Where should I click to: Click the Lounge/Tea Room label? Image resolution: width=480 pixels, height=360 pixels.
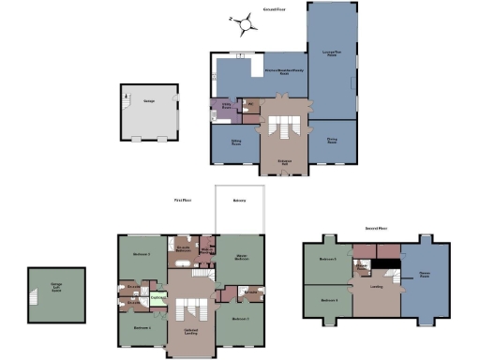point(330,53)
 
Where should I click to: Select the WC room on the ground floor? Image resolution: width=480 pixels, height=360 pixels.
point(249,104)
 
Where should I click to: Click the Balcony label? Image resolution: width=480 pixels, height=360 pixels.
point(239,200)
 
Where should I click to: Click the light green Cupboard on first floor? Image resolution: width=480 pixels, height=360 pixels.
point(158,298)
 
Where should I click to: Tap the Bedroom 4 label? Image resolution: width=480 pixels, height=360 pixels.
point(142,328)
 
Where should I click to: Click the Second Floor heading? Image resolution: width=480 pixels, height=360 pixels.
point(378,227)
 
